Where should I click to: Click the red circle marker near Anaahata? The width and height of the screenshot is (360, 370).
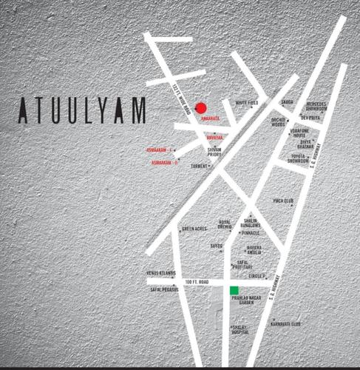200,107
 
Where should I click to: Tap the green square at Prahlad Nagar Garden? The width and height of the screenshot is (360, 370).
234,290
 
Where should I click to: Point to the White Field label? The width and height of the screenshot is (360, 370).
246,103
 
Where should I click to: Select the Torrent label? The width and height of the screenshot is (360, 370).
200,166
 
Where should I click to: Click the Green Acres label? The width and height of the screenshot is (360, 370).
194,229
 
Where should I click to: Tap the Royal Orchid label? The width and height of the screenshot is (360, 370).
224,224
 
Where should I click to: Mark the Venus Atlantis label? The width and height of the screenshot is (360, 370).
160,273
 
